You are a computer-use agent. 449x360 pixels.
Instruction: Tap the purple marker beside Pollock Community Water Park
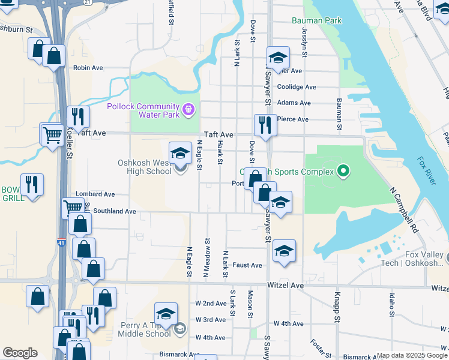tap(188, 109)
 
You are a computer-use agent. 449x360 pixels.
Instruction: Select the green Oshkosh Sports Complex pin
tap(343, 172)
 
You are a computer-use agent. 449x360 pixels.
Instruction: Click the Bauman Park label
tap(316, 20)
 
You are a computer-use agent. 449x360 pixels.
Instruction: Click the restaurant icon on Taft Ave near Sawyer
tap(265, 125)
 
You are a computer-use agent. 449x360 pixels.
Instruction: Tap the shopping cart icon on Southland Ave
tap(73, 208)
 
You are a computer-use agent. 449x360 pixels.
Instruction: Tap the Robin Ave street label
tap(86, 68)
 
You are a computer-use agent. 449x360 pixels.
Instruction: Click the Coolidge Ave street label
tap(297, 87)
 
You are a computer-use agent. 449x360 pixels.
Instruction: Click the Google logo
tap(20, 353)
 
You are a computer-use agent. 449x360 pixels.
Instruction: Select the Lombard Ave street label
tap(95, 194)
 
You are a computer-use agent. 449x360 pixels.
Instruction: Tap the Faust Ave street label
tap(247, 265)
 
